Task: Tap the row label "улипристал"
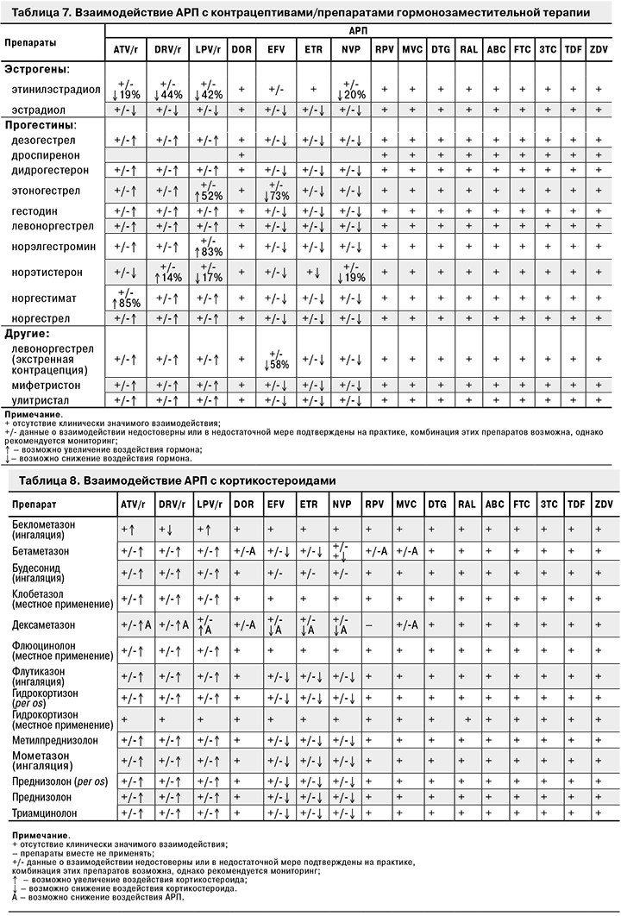tap(41, 400)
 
